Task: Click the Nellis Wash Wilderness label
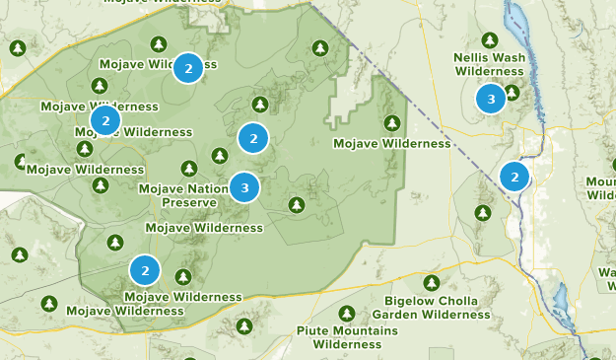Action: click(x=489, y=64)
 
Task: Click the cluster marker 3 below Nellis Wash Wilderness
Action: click(x=490, y=98)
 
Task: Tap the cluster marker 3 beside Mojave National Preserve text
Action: click(x=244, y=186)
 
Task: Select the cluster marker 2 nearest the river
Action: click(x=513, y=177)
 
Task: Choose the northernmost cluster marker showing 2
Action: click(x=188, y=68)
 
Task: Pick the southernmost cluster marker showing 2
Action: click(x=145, y=269)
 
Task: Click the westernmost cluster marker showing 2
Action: click(x=105, y=120)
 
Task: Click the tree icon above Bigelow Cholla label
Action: click(x=432, y=283)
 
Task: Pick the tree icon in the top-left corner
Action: click(x=18, y=47)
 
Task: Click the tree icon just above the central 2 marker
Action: click(x=260, y=104)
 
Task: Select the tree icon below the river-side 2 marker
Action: click(x=483, y=212)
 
